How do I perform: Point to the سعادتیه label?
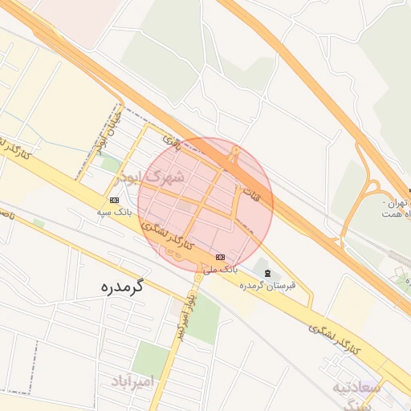pos(359,388)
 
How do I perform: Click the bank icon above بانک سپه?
pos(113,200)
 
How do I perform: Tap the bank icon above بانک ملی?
pos(220,257)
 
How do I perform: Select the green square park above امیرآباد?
pos(151,358)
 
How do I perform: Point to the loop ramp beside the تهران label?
pos(371,193)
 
